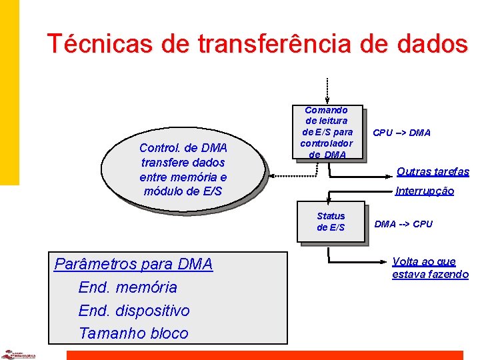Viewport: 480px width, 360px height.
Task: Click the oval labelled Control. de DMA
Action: pyautogui.click(x=183, y=170)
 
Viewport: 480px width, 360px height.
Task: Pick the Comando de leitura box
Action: pyautogui.click(x=326, y=132)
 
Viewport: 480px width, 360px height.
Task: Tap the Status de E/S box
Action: pyautogui.click(x=331, y=222)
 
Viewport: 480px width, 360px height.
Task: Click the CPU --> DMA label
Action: pyautogui.click(x=401, y=133)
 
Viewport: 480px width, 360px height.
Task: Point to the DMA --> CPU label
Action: pyautogui.click(x=403, y=224)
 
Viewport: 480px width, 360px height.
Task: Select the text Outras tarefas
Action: pyautogui.click(x=433, y=171)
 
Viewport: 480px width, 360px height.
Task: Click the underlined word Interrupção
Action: pyautogui.click(x=425, y=191)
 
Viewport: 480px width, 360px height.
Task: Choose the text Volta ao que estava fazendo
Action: pyautogui.click(x=430, y=268)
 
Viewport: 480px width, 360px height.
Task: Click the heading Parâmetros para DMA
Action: pyautogui.click(x=133, y=264)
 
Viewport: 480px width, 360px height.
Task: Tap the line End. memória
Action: pyautogui.click(x=128, y=287)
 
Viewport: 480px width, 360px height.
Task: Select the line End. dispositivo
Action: pyautogui.click(x=134, y=311)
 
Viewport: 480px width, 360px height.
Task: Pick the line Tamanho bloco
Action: pyautogui.click(x=133, y=333)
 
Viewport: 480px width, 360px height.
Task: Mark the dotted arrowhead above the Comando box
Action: pyautogui.click(x=327, y=101)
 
